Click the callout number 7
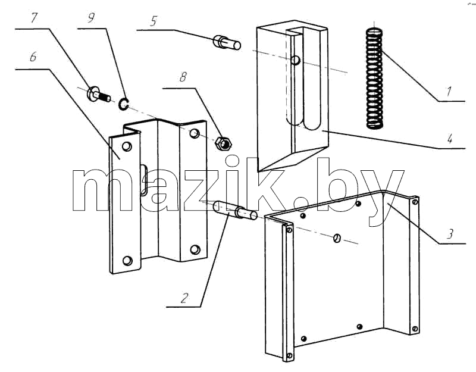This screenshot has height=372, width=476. pyautogui.click(x=33, y=18)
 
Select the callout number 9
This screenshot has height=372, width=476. pyautogui.click(x=91, y=18)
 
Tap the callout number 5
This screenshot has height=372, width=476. pyautogui.click(x=154, y=21)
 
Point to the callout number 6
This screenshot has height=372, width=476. pyautogui.click(x=33, y=57)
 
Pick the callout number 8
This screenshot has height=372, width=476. pyautogui.click(x=183, y=77)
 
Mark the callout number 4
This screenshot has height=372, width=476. pyautogui.click(x=450, y=139)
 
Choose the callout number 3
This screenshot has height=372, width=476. pyautogui.click(x=450, y=234)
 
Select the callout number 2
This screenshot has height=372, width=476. pyautogui.click(x=184, y=298)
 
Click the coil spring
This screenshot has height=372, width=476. pyautogui.click(x=374, y=78)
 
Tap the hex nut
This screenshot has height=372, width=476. pyautogui.click(x=223, y=143)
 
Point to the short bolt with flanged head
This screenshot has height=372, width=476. pyautogui.click(x=98, y=94)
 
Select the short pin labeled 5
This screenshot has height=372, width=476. pyautogui.click(x=227, y=42)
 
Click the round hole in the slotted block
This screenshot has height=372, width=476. pyautogui.click(x=295, y=60)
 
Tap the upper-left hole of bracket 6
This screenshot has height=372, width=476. pyautogui.click(x=127, y=146)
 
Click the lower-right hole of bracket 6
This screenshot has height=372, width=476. pyautogui.click(x=195, y=249)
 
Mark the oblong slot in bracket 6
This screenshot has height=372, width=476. pyautogui.click(x=144, y=180)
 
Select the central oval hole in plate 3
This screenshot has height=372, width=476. pyautogui.click(x=337, y=238)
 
